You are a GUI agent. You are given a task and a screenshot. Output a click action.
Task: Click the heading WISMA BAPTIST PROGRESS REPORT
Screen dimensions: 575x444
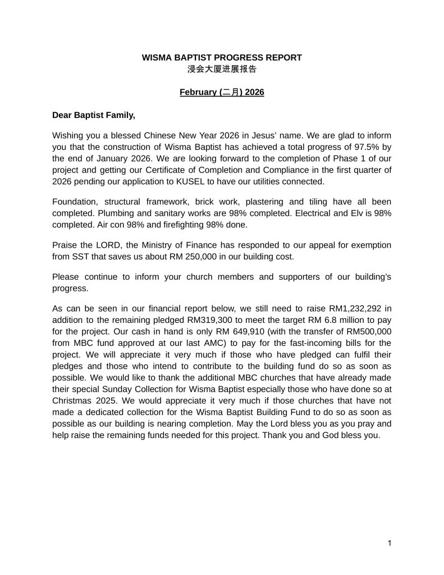[222, 57]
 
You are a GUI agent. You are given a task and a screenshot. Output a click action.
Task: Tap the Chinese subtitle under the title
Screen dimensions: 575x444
[222, 69]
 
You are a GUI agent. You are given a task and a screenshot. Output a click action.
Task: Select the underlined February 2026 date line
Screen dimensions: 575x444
[222, 92]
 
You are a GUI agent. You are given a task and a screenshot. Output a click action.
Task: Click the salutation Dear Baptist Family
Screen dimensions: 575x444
[94, 115]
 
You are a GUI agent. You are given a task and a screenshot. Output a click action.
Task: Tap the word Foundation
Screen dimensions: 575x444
[74, 201]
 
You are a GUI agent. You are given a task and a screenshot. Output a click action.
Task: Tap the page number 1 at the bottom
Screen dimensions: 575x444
[390, 543]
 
